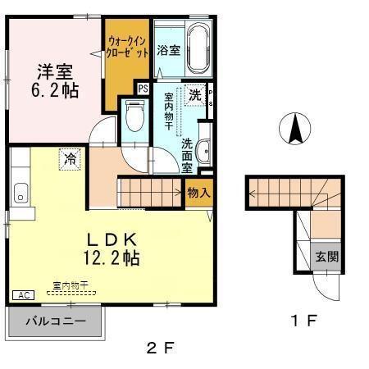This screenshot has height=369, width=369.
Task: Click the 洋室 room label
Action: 53,71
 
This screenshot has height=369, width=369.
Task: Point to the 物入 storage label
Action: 198,194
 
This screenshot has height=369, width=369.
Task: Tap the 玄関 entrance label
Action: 327,257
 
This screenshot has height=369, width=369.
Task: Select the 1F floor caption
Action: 305,320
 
